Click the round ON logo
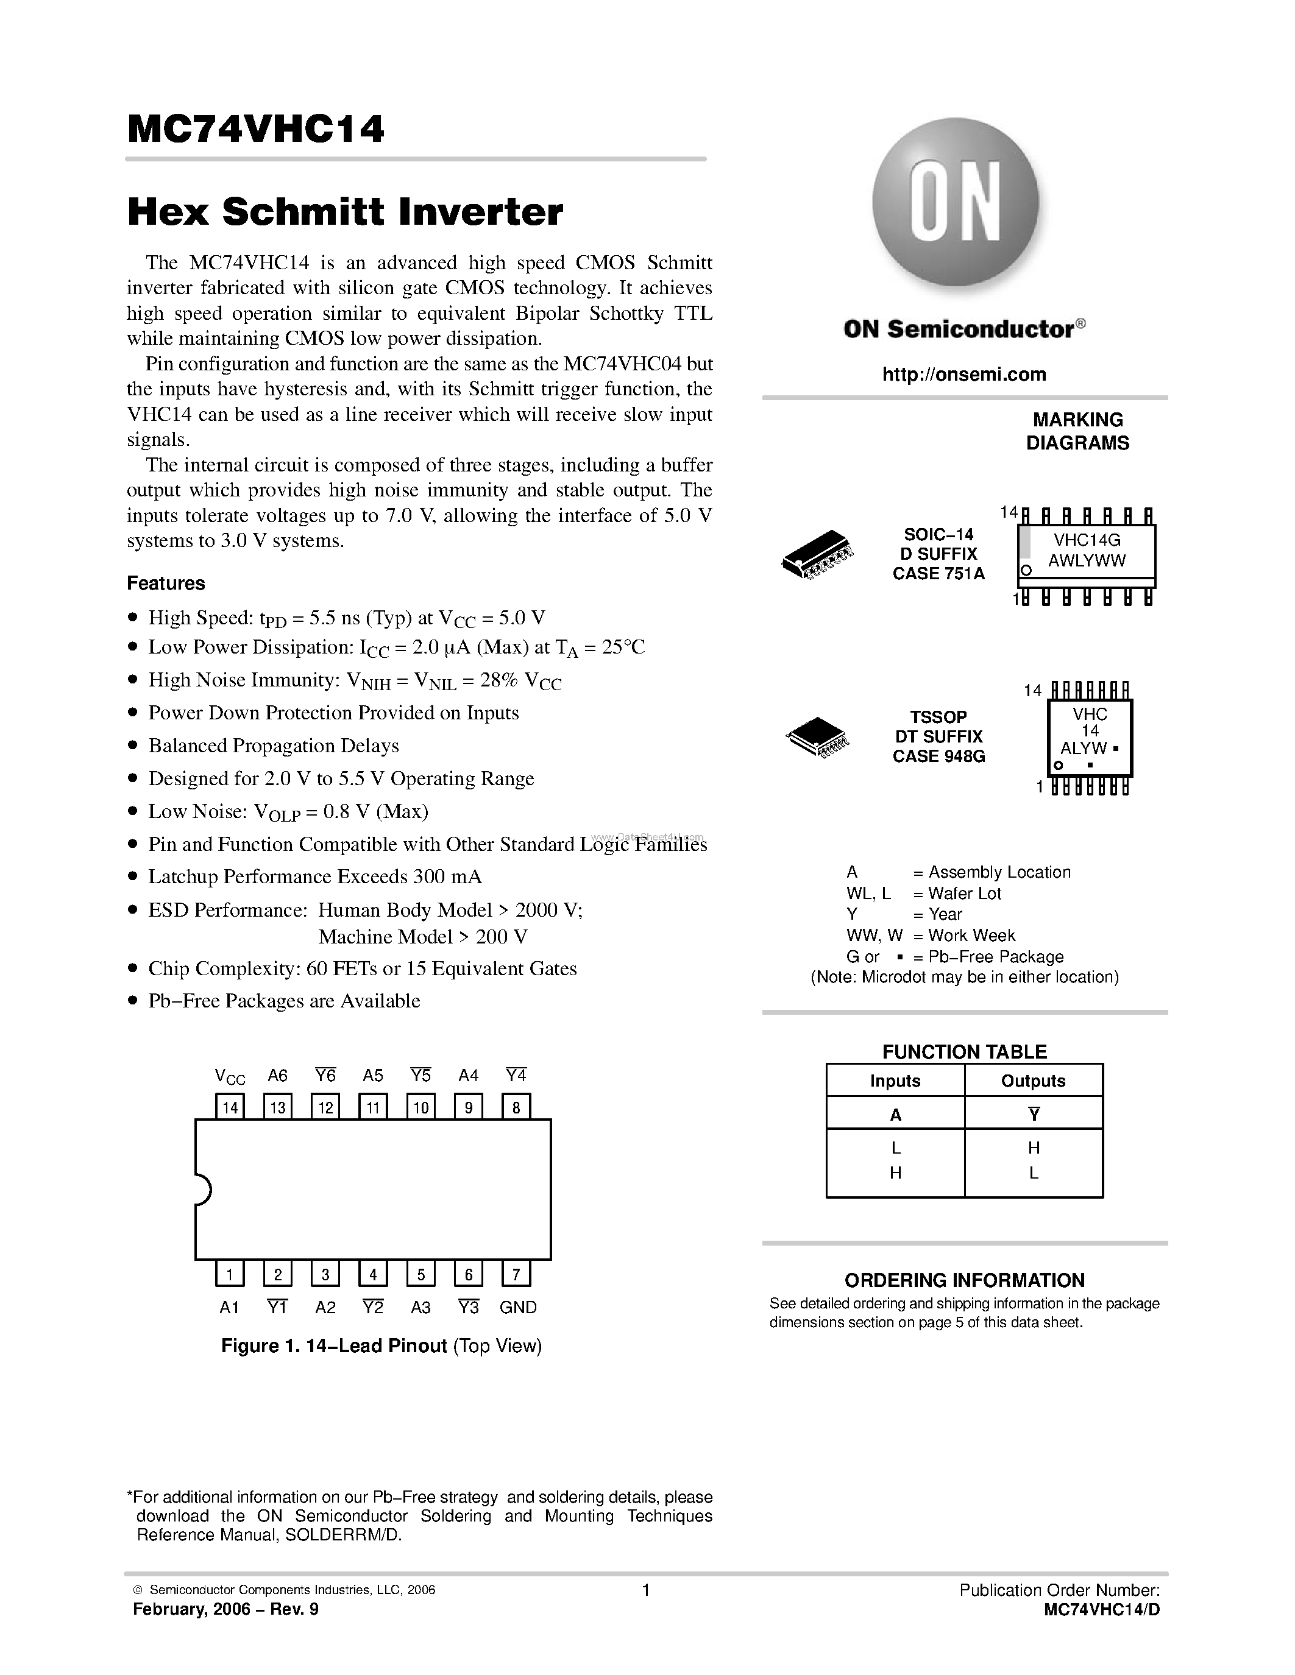point(955,202)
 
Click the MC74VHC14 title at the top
point(255,130)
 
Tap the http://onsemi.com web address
point(964,374)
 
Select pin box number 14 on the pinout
point(229,1107)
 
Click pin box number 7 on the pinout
point(516,1275)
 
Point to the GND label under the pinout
point(518,1308)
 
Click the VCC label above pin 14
point(229,1077)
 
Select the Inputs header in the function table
point(895,1081)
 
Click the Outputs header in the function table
point(1032,1081)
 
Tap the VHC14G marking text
point(1087,540)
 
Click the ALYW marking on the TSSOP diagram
point(1084,748)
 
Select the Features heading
point(166,583)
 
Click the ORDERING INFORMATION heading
point(964,1280)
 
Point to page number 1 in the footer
point(646,1590)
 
